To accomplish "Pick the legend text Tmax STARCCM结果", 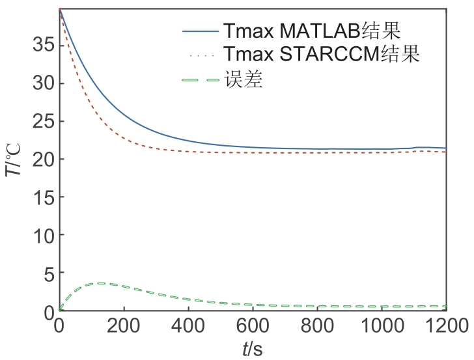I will click(x=320, y=55).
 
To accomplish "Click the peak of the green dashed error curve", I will click(x=101, y=283).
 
